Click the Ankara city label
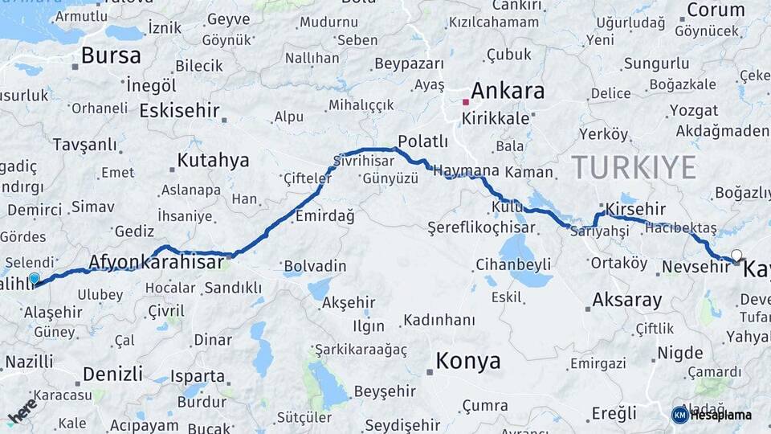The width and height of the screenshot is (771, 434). pos(508,91)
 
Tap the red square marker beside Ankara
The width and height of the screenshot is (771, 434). pos(466,102)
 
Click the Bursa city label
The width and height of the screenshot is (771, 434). pos(111,55)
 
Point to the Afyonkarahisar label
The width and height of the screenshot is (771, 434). pos(156,262)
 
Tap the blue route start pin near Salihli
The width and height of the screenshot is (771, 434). pos(34,279)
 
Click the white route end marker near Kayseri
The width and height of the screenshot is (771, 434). pos(736,256)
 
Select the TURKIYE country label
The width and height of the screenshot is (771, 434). pos(634,167)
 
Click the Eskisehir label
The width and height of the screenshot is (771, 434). pos(179,110)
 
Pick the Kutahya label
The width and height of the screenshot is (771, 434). pos(213,160)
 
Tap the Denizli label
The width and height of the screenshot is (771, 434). pos(112,374)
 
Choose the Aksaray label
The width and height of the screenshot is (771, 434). pos(627,301)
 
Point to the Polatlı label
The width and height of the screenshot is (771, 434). pos(422,141)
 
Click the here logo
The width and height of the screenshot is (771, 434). pos(22,411)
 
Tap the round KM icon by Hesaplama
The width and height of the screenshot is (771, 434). pos(679,415)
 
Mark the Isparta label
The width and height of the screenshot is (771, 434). pos(198,375)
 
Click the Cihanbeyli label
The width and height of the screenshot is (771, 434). pos(513,264)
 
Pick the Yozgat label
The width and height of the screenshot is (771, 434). pos(693,110)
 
